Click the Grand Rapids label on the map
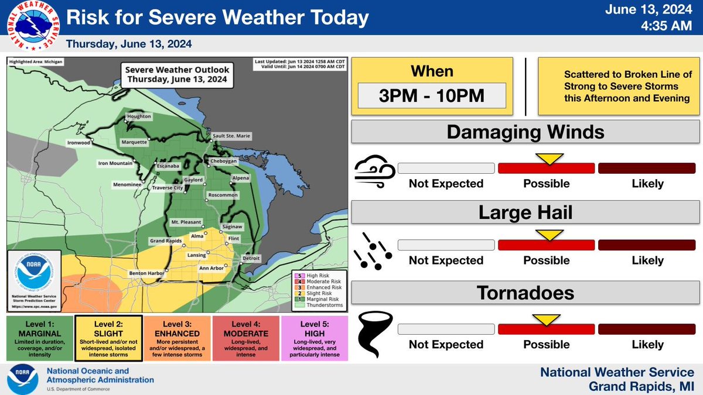coord(150,241)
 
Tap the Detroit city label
coord(251,258)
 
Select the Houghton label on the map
coord(139,116)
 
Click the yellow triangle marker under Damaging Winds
coord(550,159)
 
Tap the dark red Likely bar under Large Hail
coord(647,245)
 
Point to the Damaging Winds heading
coord(525,132)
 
